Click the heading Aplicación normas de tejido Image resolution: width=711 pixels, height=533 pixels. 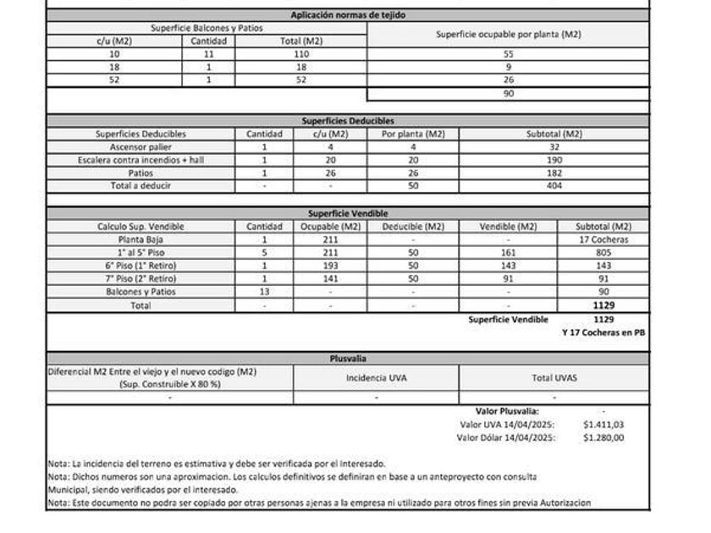point(349,15)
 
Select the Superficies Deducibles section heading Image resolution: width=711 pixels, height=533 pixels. point(348,121)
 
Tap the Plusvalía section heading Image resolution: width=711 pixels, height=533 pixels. point(348,359)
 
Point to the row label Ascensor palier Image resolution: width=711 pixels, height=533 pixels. point(141,146)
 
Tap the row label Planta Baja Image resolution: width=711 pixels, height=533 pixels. point(141,239)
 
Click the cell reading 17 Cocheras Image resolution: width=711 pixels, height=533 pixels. point(604,239)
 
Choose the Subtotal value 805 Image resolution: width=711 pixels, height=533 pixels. point(604,252)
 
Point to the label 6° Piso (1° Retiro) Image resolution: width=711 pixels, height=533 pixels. point(141,266)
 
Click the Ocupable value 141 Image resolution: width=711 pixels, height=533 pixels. point(330,278)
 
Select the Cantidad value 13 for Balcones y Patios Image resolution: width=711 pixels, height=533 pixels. point(263,291)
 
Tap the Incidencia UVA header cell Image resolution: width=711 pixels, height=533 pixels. point(376,377)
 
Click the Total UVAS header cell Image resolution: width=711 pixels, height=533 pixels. point(554,377)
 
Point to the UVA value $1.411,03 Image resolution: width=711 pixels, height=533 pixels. point(604,424)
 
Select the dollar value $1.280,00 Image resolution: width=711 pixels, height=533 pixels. point(604,437)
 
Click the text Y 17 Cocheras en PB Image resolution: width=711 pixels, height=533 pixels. point(603,332)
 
